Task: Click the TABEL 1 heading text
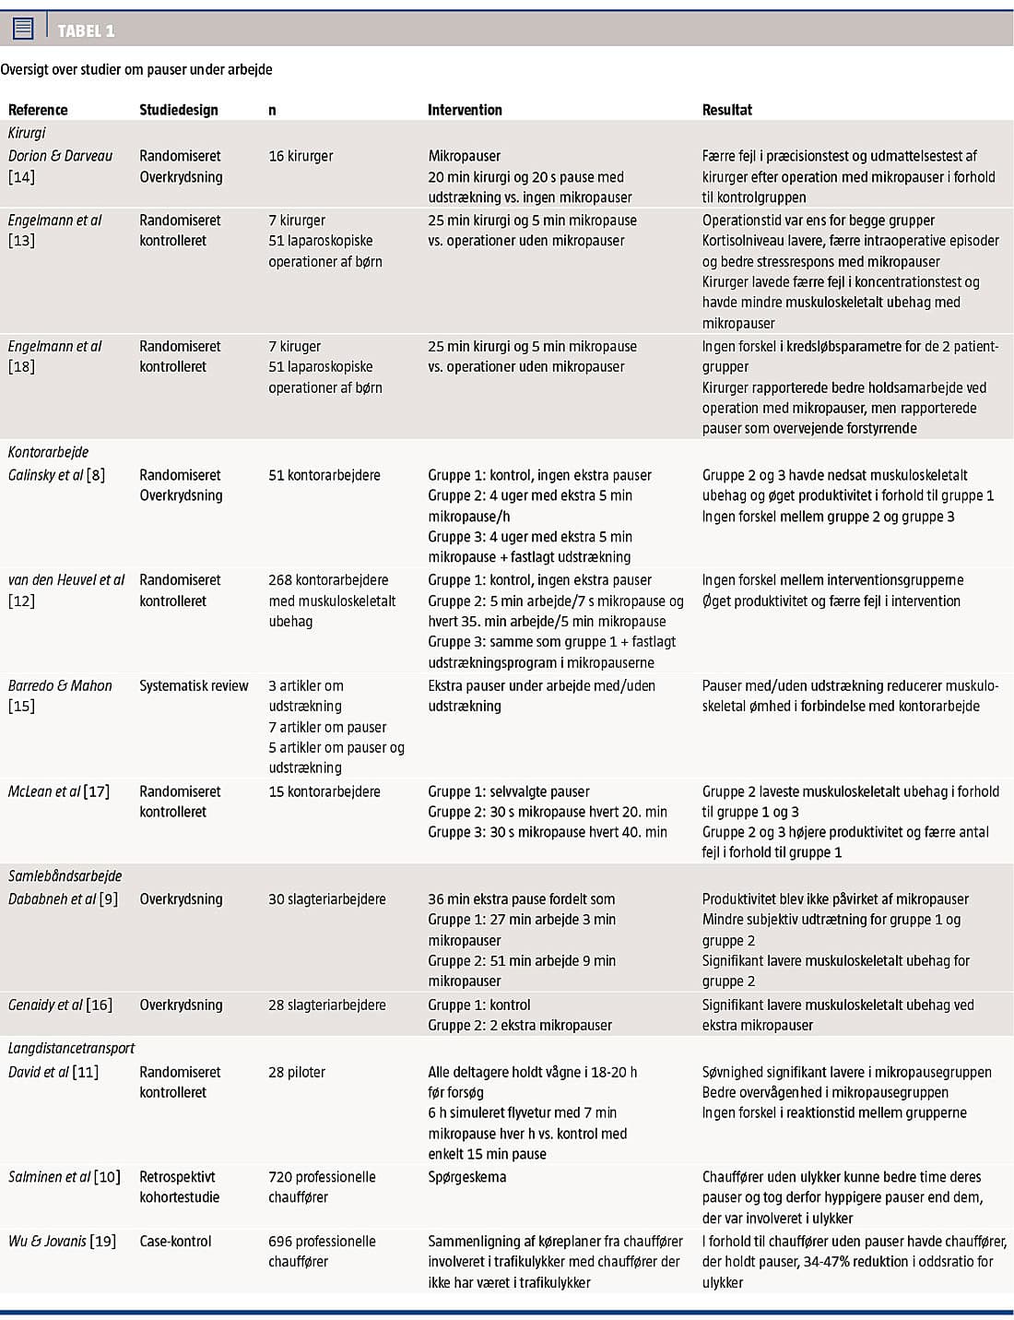[x=86, y=31]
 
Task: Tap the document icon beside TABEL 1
[x=23, y=29]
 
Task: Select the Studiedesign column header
[x=179, y=110]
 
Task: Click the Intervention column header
[x=465, y=110]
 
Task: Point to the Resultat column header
[x=726, y=110]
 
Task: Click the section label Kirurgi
[x=27, y=133]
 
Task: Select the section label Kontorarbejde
[x=48, y=452]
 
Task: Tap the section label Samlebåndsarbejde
[x=65, y=875]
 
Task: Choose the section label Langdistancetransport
[x=71, y=1048]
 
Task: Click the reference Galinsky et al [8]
[x=56, y=475]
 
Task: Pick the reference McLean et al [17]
[x=58, y=791]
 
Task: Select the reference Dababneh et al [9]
[x=63, y=898]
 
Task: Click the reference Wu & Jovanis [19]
[x=62, y=1241]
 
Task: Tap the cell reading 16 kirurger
[x=301, y=156]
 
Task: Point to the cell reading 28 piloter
[x=297, y=1072]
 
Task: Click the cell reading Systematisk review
[x=194, y=685]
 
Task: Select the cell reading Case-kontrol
[x=175, y=1241]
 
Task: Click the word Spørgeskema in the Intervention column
[x=466, y=1177]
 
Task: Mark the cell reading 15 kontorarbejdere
[x=324, y=791]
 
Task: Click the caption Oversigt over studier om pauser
[x=136, y=69]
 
